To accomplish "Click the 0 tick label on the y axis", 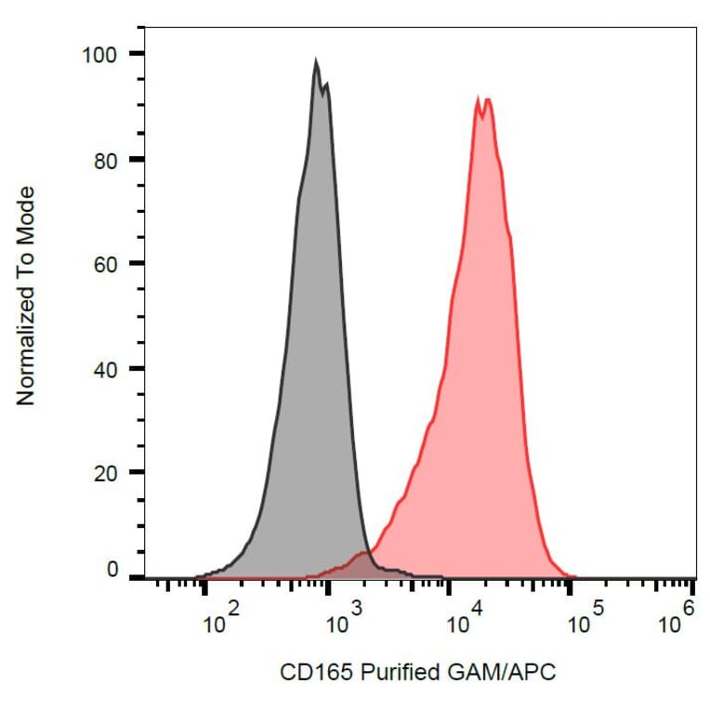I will [112, 571].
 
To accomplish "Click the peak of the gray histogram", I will [316, 62].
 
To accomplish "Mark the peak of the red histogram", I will [480, 98].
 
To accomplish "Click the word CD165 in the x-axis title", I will [309, 671].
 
